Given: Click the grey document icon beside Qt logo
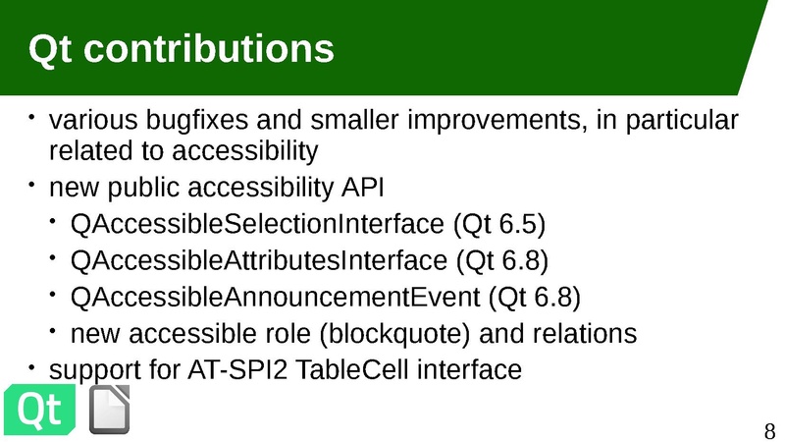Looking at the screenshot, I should (110, 410).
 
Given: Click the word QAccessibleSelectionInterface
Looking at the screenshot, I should (257, 224).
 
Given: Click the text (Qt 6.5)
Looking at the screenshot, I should (498, 224).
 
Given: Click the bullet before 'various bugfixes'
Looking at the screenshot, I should (32, 118).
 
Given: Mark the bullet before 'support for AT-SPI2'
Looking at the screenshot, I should (32, 367).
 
